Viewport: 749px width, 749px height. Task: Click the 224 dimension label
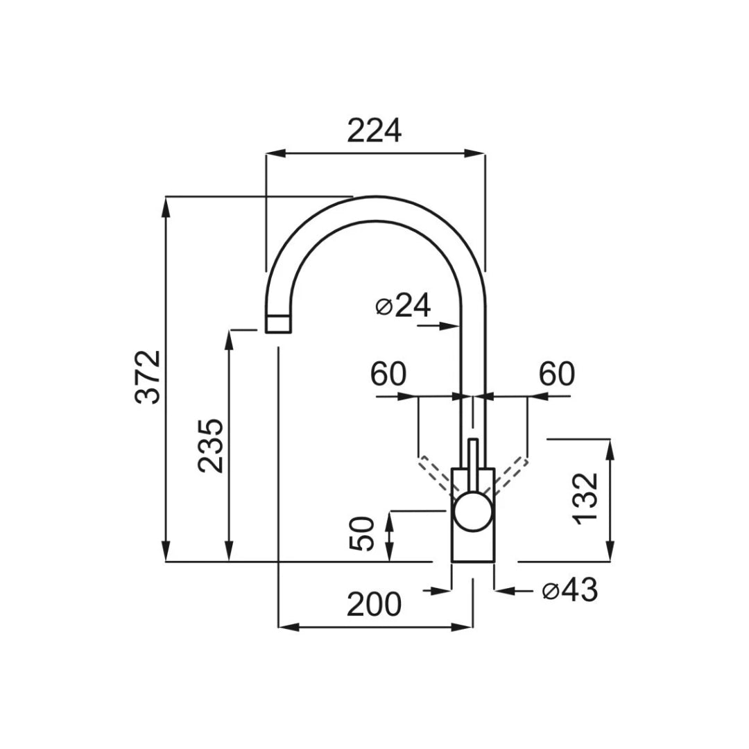[374, 131]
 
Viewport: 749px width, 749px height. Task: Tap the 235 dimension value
[211, 446]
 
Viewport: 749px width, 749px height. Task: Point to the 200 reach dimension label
[374, 604]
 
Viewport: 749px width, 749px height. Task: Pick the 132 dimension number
[585, 499]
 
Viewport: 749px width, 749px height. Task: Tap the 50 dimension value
[361, 533]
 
